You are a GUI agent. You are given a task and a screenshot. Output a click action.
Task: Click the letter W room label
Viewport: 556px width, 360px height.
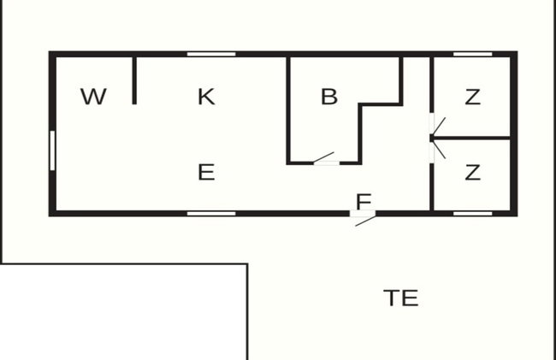click(93, 97)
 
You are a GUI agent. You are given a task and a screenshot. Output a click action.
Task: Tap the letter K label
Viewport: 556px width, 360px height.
click(206, 97)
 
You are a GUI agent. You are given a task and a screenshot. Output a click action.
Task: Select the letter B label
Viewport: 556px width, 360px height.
click(329, 97)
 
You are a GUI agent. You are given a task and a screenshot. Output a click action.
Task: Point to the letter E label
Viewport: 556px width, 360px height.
click(206, 172)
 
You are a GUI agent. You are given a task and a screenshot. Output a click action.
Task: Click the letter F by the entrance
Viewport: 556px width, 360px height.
click(364, 202)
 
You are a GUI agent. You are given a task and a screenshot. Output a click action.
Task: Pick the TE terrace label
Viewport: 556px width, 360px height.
click(401, 298)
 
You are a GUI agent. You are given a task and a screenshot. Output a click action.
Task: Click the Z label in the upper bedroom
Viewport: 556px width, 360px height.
click(473, 97)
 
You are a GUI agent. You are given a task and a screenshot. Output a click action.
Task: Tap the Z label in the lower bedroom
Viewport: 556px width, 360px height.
click(473, 172)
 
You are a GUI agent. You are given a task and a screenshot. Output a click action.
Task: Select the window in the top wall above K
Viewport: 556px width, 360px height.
click(211, 54)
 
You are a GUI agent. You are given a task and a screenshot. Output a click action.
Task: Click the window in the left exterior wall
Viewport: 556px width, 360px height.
click(52, 150)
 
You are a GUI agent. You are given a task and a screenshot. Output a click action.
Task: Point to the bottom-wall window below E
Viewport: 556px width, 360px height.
click(211, 214)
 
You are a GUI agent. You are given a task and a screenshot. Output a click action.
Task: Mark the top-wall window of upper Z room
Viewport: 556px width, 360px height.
click(473, 54)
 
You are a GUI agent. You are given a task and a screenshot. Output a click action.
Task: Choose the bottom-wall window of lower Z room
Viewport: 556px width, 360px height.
click(473, 214)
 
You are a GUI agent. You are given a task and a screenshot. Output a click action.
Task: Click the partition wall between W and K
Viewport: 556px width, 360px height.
click(134, 80)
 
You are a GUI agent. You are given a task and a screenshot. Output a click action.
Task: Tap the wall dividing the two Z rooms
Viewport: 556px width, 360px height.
click(472, 138)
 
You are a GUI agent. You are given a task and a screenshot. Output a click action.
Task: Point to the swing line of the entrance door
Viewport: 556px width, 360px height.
click(365, 221)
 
